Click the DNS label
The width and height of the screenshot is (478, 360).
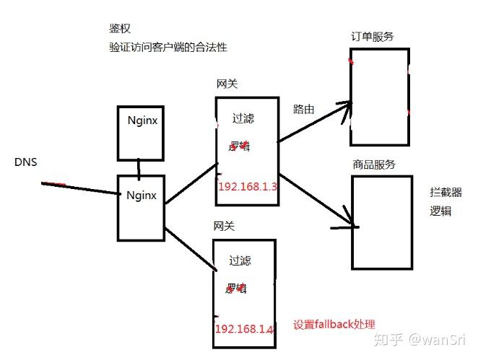(25, 162)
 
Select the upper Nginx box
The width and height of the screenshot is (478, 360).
(142, 133)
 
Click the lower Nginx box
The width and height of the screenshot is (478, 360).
(142, 207)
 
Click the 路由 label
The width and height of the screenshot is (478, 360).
(303, 110)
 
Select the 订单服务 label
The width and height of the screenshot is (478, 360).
(373, 37)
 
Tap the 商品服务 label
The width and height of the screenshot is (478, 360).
(374, 164)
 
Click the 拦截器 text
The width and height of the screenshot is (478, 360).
(443, 193)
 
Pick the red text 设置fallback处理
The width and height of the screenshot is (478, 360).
(334, 324)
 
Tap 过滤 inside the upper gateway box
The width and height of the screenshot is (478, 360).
(243, 118)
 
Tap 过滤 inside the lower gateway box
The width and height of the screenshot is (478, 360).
(240, 261)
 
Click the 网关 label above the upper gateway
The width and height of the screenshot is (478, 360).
(227, 84)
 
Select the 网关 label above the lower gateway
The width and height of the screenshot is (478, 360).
(225, 227)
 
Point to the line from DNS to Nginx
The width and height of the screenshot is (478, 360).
(79, 188)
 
